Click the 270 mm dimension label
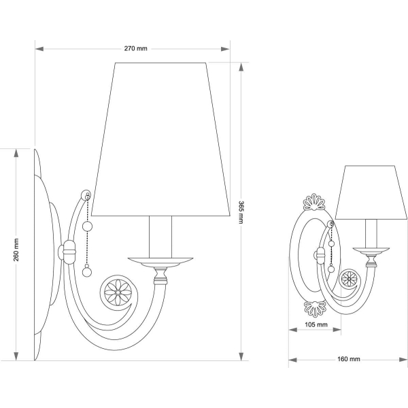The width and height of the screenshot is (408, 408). pos(135,48)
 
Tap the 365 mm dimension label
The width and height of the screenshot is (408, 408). pos(241,212)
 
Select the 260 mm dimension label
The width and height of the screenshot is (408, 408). pos(16,250)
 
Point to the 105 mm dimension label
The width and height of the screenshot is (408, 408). pos(316,324)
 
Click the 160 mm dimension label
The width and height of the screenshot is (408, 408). pos(349,359)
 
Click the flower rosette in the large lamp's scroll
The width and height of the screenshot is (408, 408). pos(118,292)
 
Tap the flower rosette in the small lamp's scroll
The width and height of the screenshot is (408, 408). pos(349,278)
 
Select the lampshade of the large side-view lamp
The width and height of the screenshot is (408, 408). pos(160,139)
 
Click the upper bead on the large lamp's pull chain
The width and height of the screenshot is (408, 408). pos(87,226)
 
